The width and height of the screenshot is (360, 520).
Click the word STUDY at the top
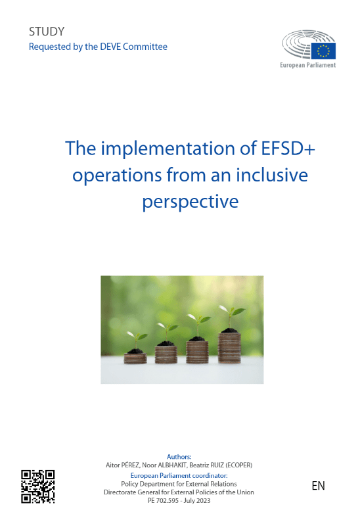point(47,32)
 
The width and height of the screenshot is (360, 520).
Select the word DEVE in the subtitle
point(110,47)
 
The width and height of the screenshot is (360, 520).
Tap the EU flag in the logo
point(323,51)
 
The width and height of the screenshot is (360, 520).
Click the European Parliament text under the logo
point(307,65)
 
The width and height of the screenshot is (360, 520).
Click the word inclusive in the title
point(272,175)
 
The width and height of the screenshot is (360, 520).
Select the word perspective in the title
point(191,202)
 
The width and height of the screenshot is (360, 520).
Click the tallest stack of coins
point(229,348)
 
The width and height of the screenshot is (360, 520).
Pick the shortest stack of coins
point(135,358)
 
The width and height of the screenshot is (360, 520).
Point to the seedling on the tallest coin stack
point(231,318)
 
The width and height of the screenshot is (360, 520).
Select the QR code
point(38,486)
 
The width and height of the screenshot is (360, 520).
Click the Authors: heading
point(179,457)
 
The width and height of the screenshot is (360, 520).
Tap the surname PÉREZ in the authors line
point(130,465)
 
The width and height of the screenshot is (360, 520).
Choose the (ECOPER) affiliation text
point(238,465)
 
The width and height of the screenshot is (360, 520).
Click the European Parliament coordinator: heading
point(179,475)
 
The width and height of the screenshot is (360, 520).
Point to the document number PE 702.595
point(163,501)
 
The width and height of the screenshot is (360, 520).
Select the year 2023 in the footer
point(203,501)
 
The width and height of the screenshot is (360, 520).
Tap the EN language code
point(318,486)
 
